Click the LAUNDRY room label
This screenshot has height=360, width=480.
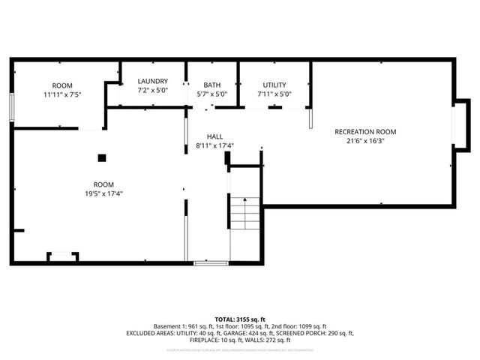tap(153, 81)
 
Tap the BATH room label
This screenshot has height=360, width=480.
tap(211, 85)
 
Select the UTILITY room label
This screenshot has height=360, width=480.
tap(274, 85)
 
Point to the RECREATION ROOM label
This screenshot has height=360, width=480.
tap(366, 132)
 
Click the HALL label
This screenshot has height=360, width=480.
tap(214, 136)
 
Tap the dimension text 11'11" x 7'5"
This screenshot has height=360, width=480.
tap(62, 95)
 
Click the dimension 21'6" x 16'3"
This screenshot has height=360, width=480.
tap(366, 142)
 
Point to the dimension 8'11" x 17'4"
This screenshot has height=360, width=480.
tap(214, 145)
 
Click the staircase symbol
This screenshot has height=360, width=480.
tap(245, 215)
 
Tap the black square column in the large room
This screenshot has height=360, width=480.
tap(103, 157)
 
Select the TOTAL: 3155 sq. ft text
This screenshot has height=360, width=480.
tap(240, 319)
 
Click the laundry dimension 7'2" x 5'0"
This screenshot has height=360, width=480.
tap(153, 90)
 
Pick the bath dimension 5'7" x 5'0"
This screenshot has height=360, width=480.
tap(211, 94)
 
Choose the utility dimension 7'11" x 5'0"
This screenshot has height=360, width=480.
tap(274, 94)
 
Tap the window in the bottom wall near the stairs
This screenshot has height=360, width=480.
tap(211, 262)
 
